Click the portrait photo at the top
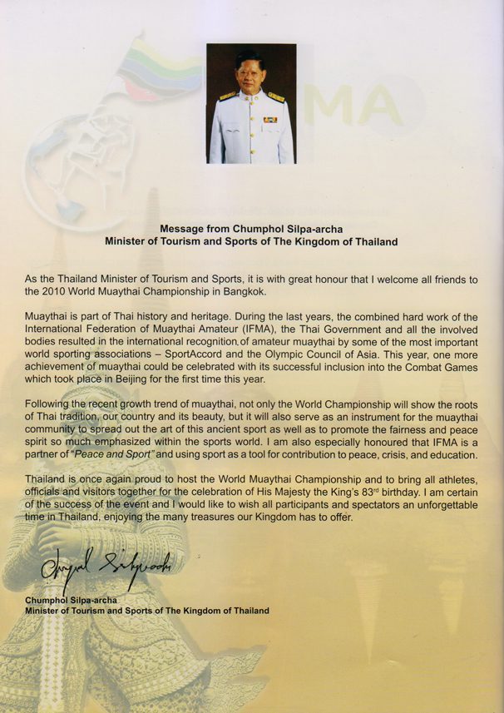tap(251, 103)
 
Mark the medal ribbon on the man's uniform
tap(270, 119)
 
